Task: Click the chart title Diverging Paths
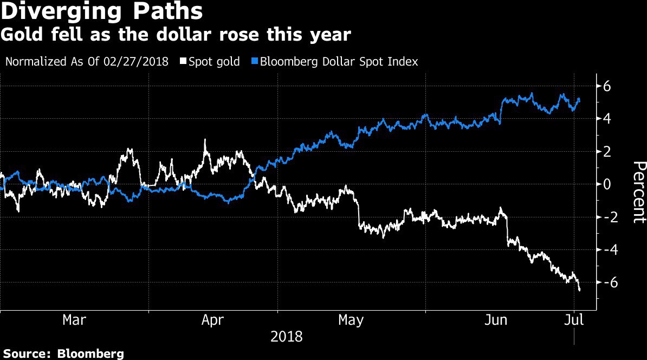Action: pos(102,12)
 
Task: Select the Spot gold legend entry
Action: pos(213,61)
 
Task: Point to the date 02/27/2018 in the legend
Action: pos(138,61)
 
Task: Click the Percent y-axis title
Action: pos(638,192)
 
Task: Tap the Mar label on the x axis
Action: pos(74,320)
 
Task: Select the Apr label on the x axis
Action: pos(212,320)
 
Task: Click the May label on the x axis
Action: pos(351,320)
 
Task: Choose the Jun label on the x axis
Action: pos(495,320)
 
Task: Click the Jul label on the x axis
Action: pos(574,320)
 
